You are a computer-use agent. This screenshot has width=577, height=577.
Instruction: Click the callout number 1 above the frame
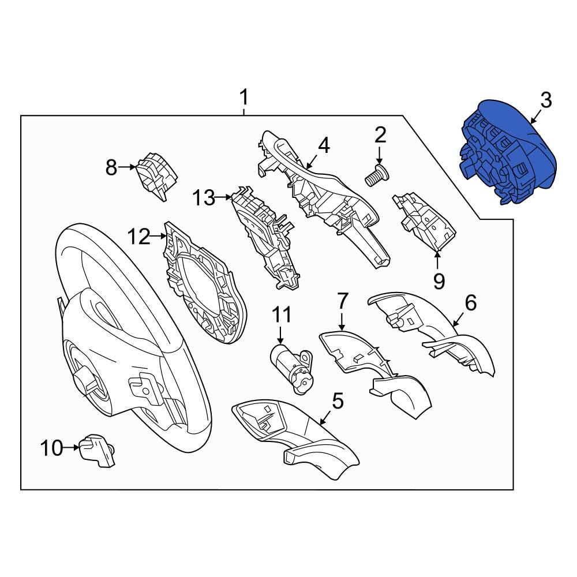coord(244,97)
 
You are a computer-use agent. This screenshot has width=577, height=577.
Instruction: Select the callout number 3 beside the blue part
coord(546,100)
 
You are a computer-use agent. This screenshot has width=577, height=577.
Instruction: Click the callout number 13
coord(204,198)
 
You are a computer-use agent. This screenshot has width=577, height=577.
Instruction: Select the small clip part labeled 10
coord(97,450)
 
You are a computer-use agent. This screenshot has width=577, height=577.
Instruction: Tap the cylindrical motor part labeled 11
coord(291,368)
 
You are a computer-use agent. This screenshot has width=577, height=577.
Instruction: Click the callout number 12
coord(139,237)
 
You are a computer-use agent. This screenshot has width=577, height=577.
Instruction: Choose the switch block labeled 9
coord(425,222)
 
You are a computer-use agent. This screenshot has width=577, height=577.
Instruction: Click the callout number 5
coord(338,401)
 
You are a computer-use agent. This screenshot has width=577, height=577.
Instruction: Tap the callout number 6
coord(471,302)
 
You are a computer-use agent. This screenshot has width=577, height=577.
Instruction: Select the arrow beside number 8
coord(128,167)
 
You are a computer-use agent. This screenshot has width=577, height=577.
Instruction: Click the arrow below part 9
coord(437,260)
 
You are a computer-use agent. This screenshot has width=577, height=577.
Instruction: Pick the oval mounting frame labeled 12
coord(205,283)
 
